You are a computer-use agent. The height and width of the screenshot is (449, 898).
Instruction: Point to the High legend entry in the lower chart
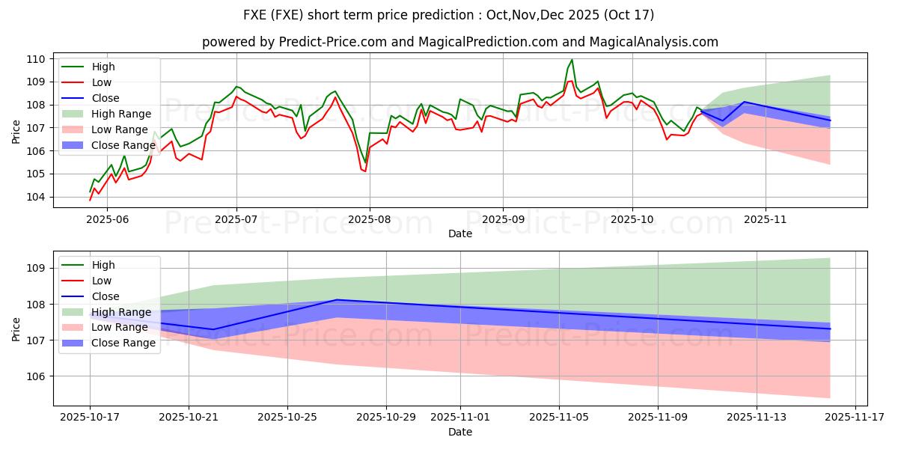[x=103, y=265]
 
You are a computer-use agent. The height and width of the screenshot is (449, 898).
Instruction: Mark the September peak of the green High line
[x=572, y=60]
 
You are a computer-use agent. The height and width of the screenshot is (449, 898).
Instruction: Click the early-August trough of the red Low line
[x=364, y=171]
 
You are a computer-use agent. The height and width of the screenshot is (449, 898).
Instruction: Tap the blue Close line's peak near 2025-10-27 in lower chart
[x=337, y=299]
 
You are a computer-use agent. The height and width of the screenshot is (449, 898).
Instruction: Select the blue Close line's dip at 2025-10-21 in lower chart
[x=213, y=329]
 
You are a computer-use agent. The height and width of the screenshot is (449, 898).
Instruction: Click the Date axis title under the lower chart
[x=459, y=432]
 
